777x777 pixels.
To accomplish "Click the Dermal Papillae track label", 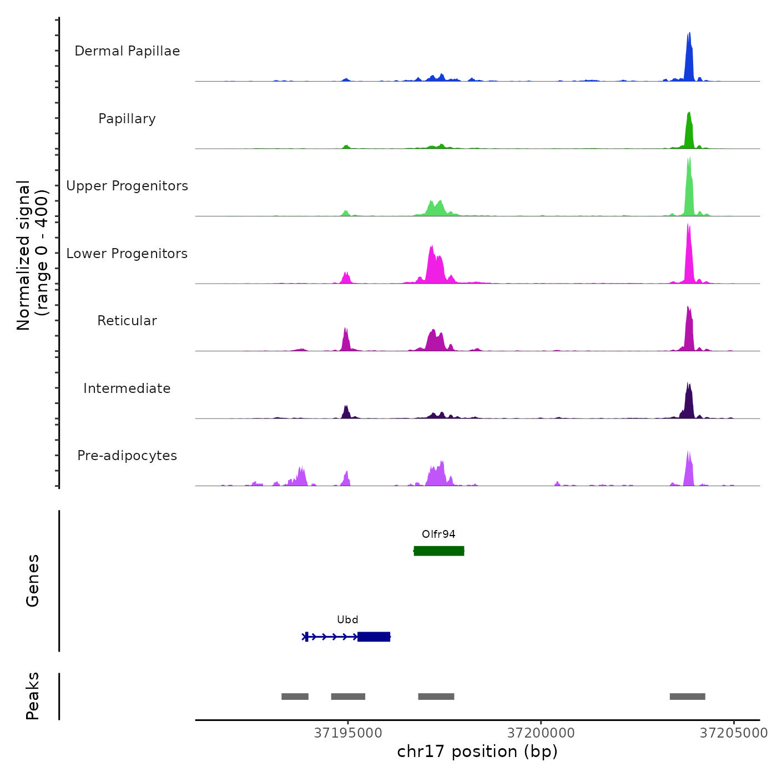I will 127,51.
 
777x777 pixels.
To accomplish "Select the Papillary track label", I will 127,119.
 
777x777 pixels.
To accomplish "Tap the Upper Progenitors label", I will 127,186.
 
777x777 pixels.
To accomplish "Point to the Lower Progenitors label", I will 127,254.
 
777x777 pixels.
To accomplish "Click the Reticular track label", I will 127,321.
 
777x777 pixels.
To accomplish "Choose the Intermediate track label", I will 127,389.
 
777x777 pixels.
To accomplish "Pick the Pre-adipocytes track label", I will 127,456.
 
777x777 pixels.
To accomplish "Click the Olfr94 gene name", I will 438,534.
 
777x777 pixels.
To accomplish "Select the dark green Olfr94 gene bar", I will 439,551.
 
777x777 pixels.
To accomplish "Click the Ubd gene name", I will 347,620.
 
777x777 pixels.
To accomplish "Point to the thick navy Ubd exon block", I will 374,637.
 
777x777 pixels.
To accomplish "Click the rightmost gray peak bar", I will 687,697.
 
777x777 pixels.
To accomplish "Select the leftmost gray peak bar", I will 295,697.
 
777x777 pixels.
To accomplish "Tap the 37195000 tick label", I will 348,733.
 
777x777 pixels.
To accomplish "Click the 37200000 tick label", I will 541,733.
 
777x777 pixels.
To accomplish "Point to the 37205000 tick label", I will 734,733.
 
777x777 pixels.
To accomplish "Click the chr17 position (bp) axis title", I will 477,752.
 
